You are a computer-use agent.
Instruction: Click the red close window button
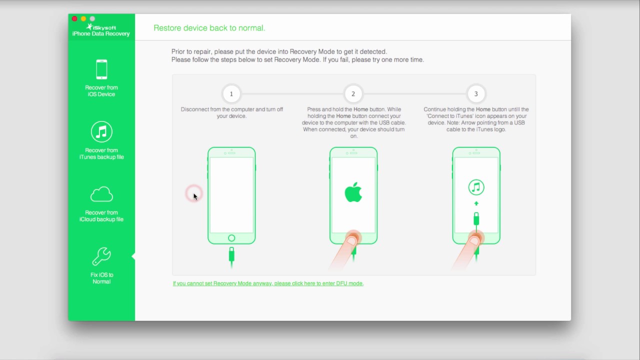74,18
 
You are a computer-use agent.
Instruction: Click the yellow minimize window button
83,18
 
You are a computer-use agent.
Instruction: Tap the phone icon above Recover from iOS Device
101,69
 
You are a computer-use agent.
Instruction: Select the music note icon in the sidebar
101,131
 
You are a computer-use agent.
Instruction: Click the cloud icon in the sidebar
101,194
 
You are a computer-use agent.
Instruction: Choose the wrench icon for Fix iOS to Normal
101,256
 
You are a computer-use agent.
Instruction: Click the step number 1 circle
231,93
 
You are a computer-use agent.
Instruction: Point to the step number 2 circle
353,93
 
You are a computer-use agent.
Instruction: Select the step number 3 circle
476,93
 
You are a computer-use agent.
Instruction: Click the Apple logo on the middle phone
353,192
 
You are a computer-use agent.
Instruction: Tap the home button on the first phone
231,238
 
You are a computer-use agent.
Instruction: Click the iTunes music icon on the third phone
476,187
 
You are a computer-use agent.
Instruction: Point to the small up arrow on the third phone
476,203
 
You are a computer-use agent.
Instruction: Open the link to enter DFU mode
268,283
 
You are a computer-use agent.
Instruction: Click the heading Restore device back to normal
209,28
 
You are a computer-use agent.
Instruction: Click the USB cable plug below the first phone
231,255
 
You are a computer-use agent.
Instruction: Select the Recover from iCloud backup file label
101,216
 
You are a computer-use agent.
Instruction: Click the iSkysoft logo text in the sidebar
101,27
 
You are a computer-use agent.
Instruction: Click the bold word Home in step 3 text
483,109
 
